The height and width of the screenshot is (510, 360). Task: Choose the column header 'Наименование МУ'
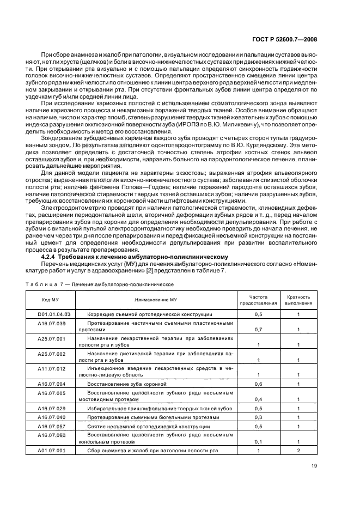coord(155,300)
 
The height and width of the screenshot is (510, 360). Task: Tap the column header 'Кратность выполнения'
coord(298,300)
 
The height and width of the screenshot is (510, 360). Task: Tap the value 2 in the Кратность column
coord(298,450)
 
